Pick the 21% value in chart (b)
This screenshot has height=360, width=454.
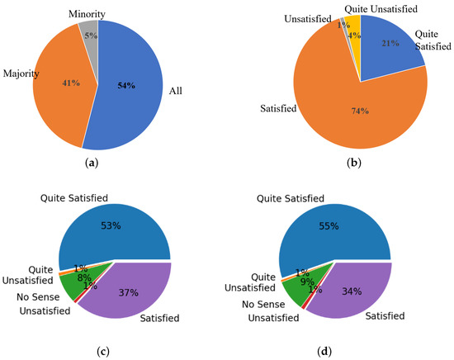tap(390, 43)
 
